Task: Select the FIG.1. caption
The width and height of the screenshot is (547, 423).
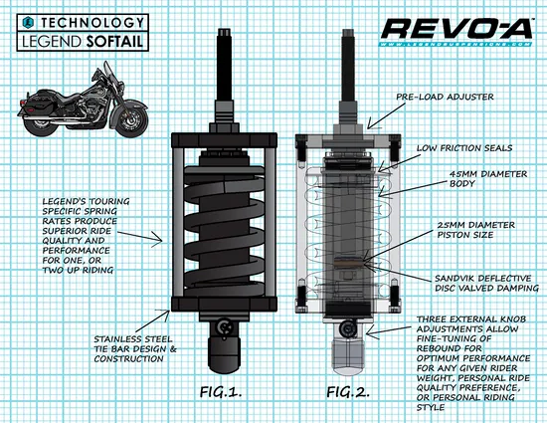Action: (224, 392)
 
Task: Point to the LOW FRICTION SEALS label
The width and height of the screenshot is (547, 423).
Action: (462, 147)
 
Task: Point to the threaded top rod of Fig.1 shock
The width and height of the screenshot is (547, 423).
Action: (225, 65)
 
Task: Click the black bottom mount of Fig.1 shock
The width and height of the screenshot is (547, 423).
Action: (225, 356)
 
